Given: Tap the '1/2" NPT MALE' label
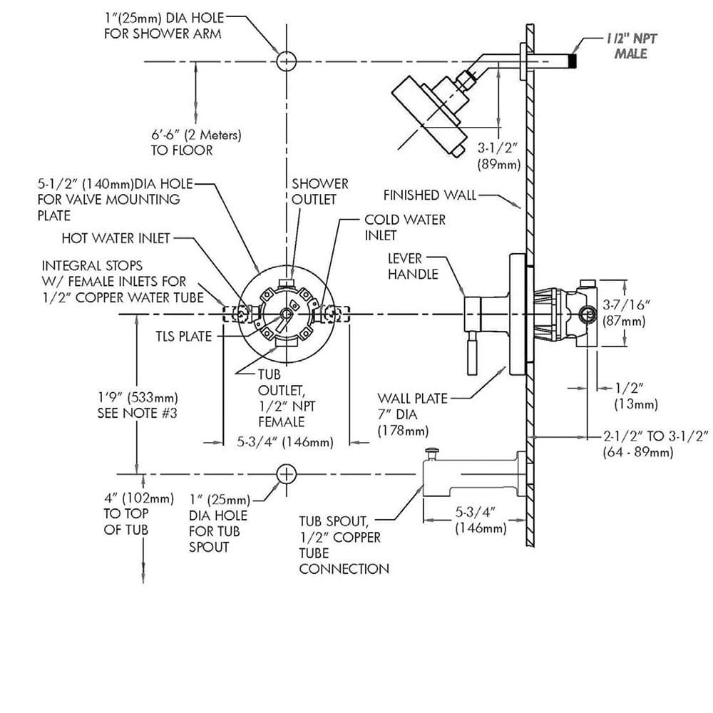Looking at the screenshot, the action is pos(632,46).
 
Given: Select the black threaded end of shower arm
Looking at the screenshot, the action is pos(573,61).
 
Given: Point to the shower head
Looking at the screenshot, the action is pos(429,116).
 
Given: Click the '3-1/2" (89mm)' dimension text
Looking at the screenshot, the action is pos(498,156).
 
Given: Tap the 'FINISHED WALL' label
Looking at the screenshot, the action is pos(430,195).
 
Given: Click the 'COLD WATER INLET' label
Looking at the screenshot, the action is pos(405,227).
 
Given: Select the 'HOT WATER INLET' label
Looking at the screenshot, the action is pos(116,238).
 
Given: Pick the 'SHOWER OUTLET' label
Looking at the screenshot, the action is pos(319,191).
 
